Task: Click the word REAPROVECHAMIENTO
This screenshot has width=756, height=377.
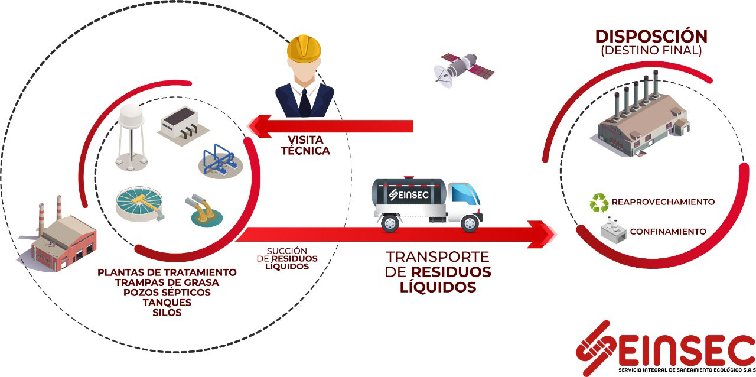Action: pyautogui.click(x=663, y=202)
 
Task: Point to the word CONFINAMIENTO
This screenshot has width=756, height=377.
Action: pyautogui.click(x=668, y=232)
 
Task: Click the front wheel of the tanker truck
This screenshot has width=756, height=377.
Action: pyautogui.click(x=470, y=223)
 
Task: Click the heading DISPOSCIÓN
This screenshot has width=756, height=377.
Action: pyautogui.click(x=651, y=37)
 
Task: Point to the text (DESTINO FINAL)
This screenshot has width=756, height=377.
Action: pyautogui.click(x=651, y=51)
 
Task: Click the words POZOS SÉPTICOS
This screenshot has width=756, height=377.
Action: pyautogui.click(x=167, y=292)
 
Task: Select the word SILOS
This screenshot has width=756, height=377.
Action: pyautogui.click(x=167, y=313)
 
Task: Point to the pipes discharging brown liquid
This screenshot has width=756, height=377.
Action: pyautogui.click(x=204, y=212)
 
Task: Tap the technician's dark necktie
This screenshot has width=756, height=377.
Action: pyautogui.click(x=305, y=102)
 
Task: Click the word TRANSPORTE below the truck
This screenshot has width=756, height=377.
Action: pyautogui.click(x=438, y=257)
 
